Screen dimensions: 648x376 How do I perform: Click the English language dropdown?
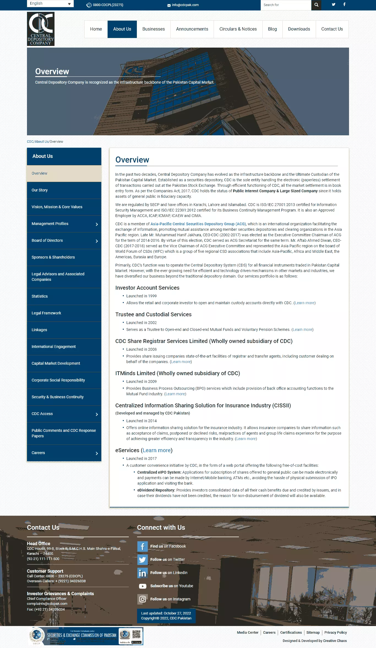50,4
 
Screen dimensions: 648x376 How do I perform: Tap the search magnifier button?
316,5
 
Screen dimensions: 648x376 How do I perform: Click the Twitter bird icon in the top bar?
334,4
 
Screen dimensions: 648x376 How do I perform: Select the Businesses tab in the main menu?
154,29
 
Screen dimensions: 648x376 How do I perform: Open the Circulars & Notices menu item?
238,29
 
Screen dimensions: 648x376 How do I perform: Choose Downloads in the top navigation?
299,29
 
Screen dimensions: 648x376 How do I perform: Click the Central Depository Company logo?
41,29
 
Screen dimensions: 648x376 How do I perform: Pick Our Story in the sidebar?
40,190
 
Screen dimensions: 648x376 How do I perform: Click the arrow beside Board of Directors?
97,241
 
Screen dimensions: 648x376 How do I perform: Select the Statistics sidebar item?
40,296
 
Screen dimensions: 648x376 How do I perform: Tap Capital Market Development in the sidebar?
56,363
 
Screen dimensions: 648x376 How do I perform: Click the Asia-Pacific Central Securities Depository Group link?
198,224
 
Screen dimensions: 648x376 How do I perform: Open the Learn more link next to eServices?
157,450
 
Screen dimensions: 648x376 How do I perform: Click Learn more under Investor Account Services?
304,303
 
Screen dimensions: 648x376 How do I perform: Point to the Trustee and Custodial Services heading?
153,314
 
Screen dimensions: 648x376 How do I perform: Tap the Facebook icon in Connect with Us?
142,547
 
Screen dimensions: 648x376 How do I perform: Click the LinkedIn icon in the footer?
142,573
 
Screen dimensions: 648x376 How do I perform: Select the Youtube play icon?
142,586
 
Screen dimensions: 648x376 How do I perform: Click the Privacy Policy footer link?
336,632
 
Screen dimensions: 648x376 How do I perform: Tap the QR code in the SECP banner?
137,635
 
